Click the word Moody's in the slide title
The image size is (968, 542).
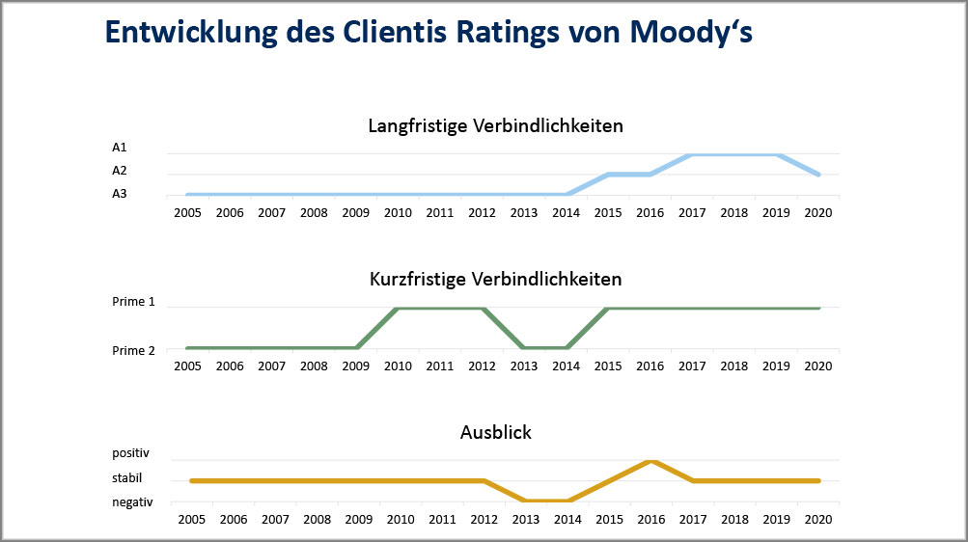pyautogui.click(x=690, y=31)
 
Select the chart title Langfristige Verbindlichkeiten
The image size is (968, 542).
pyautogui.click(x=495, y=126)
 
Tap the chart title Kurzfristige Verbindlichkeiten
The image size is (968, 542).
pyautogui.click(x=495, y=280)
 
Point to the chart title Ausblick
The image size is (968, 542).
pyautogui.click(x=495, y=433)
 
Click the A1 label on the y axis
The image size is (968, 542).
pyautogui.click(x=120, y=148)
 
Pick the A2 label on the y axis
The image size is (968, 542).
pyautogui.click(x=120, y=171)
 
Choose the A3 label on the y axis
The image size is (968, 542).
pyautogui.click(x=120, y=194)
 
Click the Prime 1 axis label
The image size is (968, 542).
pyautogui.click(x=133, y=302)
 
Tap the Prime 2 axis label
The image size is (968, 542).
pyautogui.click(x=133, y=350)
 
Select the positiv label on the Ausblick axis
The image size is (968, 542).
pyautogui.click(x=131, y=453)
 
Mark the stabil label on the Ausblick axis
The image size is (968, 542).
pyautogui.click(x=127, y=477)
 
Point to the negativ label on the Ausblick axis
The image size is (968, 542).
pyautogui.click(x=132, y=501)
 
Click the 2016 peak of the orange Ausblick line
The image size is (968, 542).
pyautogui.click(x=651, y=461)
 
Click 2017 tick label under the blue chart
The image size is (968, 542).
pyautogui.click(x=692, y=212)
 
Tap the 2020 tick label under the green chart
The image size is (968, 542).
pyautogui.click(x=818, y=366)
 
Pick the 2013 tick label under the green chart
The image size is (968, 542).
pyautogui.click(x=524, y=366)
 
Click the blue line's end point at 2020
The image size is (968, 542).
pyautogui.click(x=818, y=175)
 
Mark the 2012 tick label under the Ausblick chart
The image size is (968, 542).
pyautogui.click(x=483, y=519)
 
